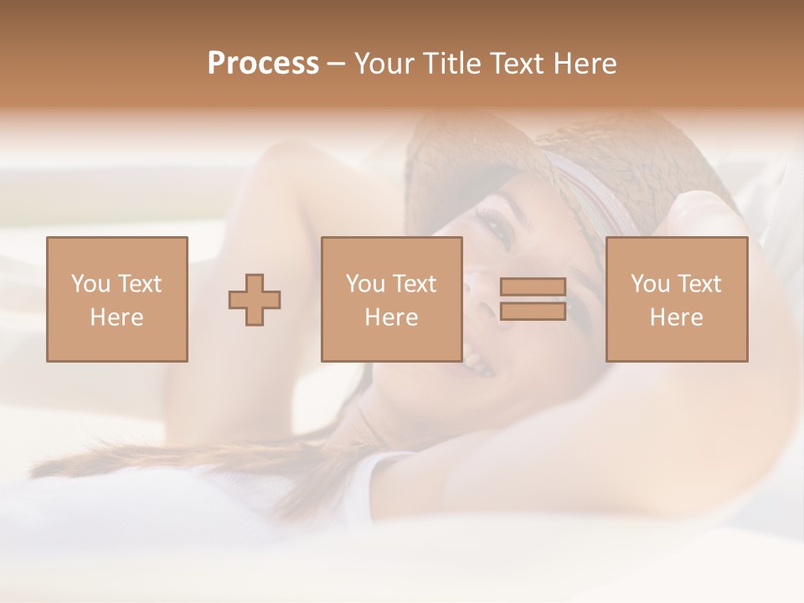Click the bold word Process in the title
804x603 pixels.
tap(263, 64)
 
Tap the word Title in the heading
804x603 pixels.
tap(453, 64)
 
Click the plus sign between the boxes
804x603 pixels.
tap(255, 300)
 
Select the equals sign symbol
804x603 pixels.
tap(533, 299)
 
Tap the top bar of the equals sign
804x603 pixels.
tap(533, 287)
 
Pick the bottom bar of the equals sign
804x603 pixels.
tap(533, 311)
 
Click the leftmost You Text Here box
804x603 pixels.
tap(116, 299)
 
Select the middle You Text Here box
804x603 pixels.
tap(391, 299)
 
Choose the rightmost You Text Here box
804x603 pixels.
tap(676, 299)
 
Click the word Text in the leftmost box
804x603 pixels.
tap(140, 284)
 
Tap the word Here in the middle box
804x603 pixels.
tap(391, 317)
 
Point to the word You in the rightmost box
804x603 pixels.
tap(650, 284)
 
